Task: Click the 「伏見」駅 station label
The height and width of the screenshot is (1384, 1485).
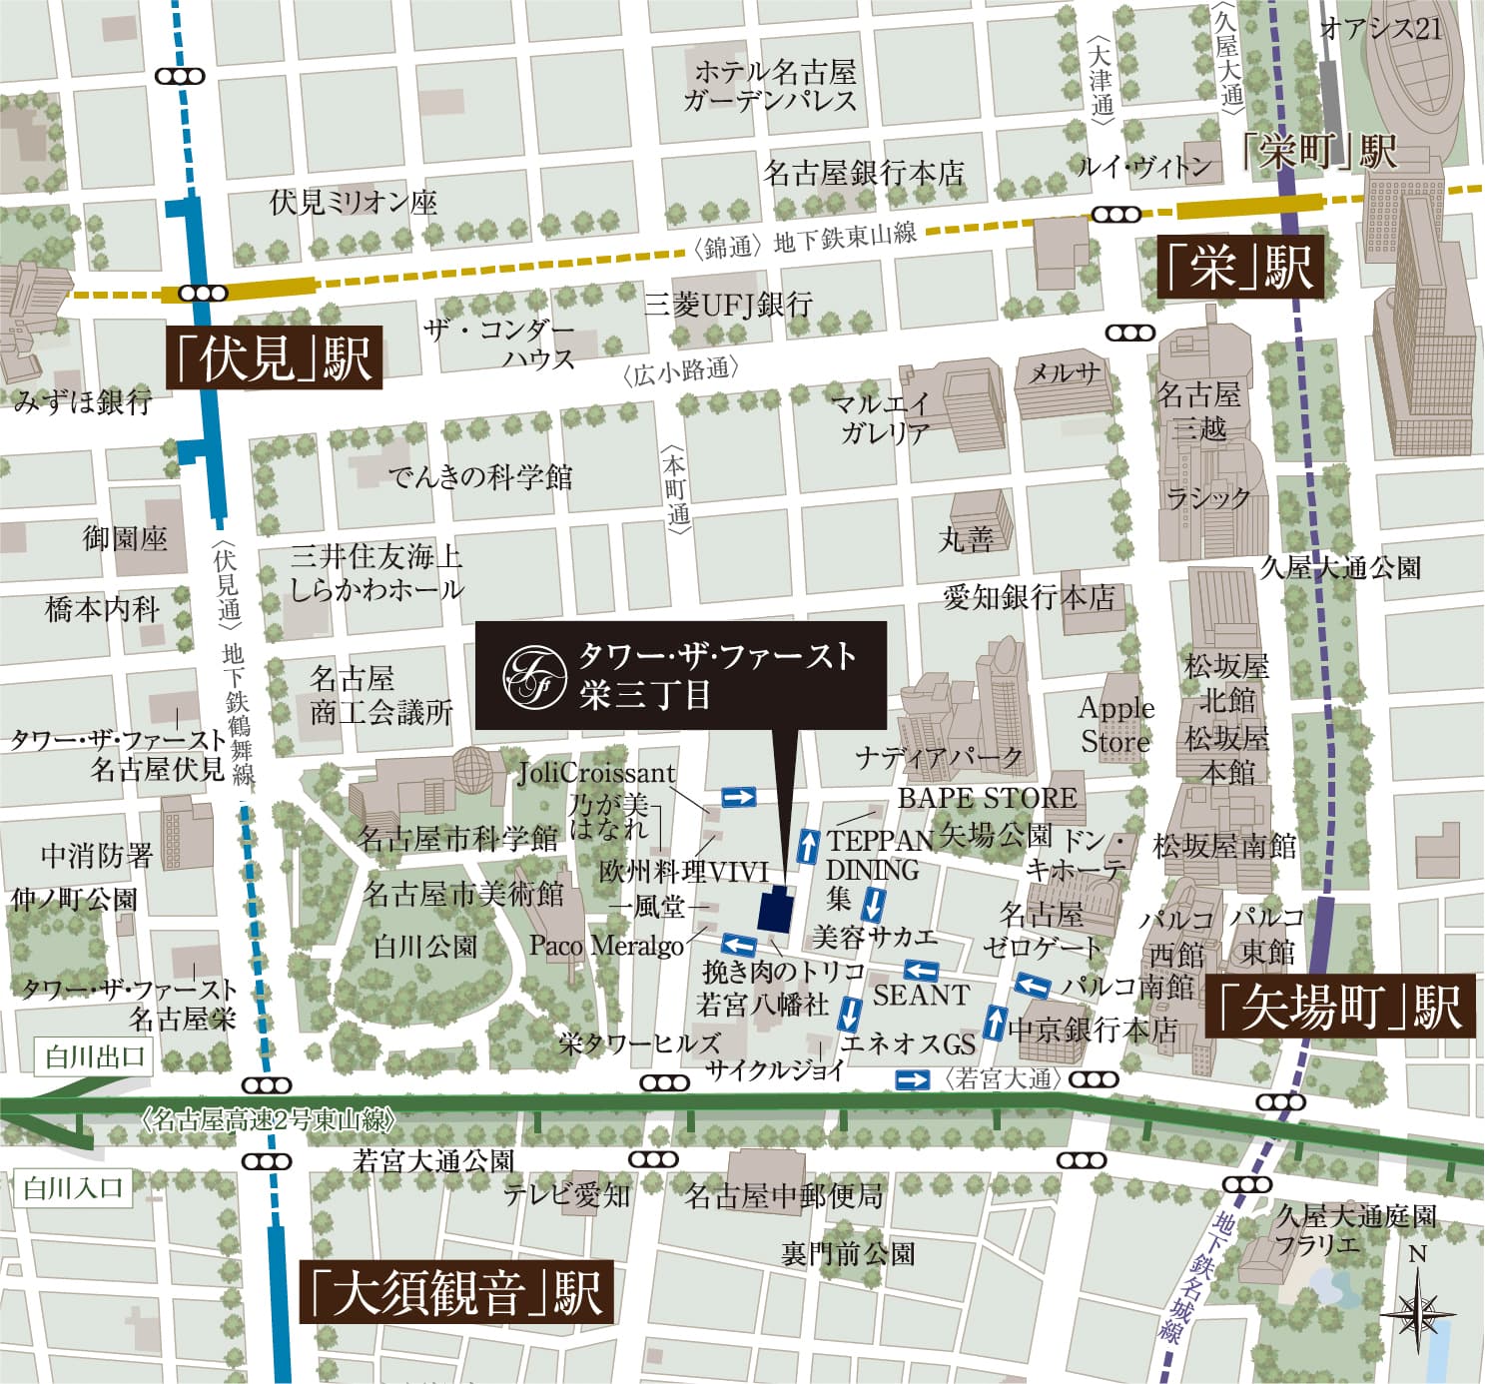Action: (x=273, y=358)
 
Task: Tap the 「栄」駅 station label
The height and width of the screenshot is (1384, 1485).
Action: (x=1239, y=268)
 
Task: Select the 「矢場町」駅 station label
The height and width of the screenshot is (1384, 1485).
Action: (x=1340, y=1007)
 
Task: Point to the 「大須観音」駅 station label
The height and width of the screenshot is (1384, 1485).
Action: (x=456, y=1293)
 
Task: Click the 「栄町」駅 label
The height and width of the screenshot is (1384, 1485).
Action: (x=1318, y=153)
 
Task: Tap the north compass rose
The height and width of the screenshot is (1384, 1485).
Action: (x=1419, y=1309)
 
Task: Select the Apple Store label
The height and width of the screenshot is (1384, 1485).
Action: (x=1115, y=725)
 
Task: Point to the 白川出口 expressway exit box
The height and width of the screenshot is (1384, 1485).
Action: (x=95, y=1056)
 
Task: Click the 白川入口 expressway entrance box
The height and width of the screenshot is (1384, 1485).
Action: (x=74, y=1188)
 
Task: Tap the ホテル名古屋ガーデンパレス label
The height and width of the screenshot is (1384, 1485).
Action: (x=771, y=86)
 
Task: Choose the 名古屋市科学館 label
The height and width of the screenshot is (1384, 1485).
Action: (x=456, y=838)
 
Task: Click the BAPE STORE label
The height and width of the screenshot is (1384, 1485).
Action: (x=987, y=798)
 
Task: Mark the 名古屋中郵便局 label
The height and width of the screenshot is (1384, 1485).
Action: (x=784, y=1195)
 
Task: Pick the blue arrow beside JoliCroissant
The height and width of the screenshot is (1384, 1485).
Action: (x=738, y=796)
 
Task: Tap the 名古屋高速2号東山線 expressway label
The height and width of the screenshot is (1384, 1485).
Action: (x=270, y=1119)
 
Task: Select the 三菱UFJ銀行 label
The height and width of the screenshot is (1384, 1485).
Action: (x=728, y=305)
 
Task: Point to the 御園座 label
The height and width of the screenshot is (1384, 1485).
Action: (x=125, y=538)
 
